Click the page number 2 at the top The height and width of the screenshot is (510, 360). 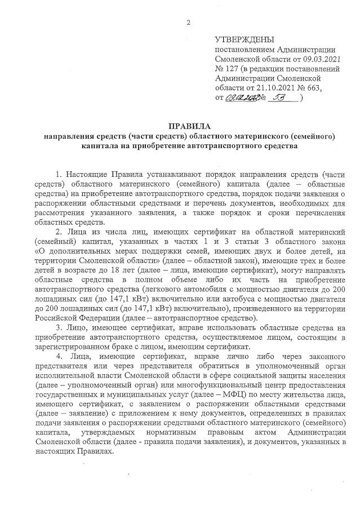[189, 23]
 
